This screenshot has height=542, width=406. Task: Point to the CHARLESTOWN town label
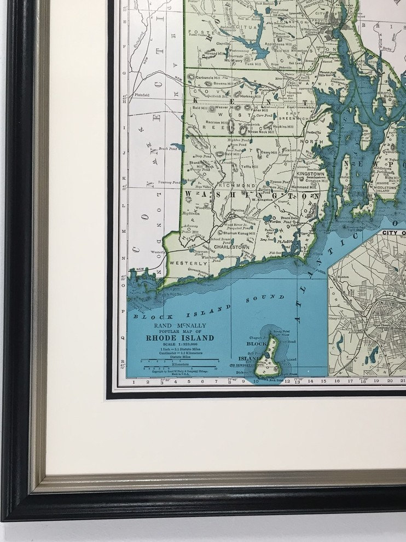coord(231,247)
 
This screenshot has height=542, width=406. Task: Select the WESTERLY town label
coord(188,263)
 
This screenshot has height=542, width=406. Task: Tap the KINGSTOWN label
coord(310,174)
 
